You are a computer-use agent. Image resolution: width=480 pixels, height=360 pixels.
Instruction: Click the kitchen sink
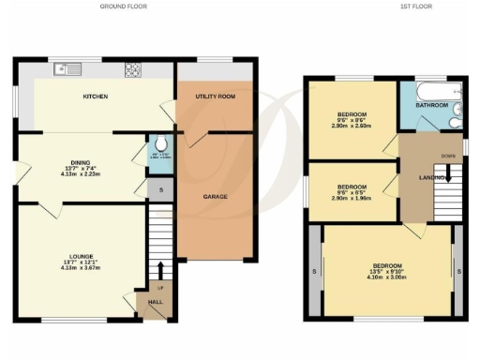coord(67,67)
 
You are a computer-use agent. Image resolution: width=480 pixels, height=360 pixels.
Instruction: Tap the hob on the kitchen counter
coord(133,67)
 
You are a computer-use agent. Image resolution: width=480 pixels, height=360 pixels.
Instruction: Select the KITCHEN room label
coord(95,97)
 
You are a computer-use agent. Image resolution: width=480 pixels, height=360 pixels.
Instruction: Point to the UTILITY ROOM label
coord(213,97)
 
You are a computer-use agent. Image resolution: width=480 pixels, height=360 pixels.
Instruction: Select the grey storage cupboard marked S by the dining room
coord(160,190)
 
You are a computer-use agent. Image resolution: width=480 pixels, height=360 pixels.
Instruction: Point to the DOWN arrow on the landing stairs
coord(448,172)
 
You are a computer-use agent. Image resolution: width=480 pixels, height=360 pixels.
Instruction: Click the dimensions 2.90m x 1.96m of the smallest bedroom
coord(352,198)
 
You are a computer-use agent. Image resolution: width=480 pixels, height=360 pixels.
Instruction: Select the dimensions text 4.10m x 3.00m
coord(388,278)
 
